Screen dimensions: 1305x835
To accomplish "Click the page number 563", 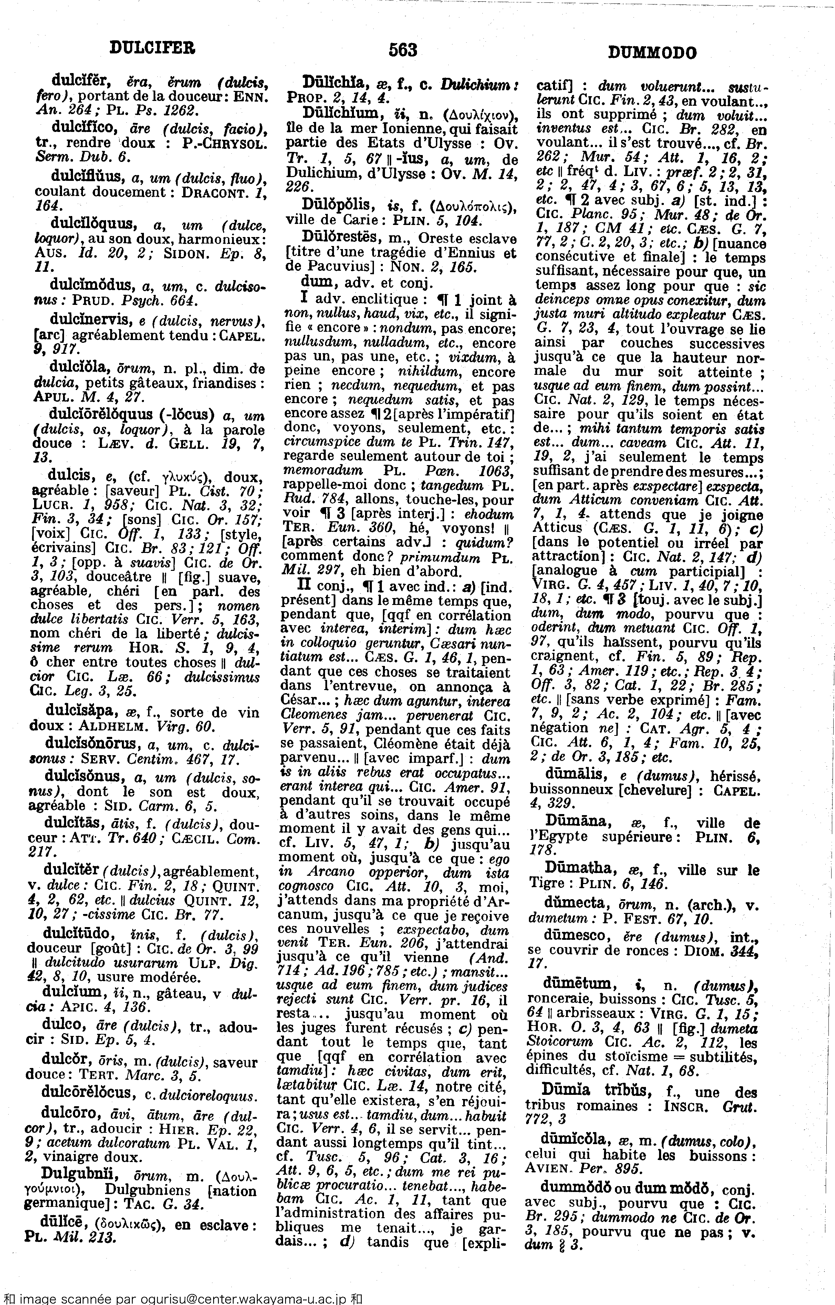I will [x=402, y=50].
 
